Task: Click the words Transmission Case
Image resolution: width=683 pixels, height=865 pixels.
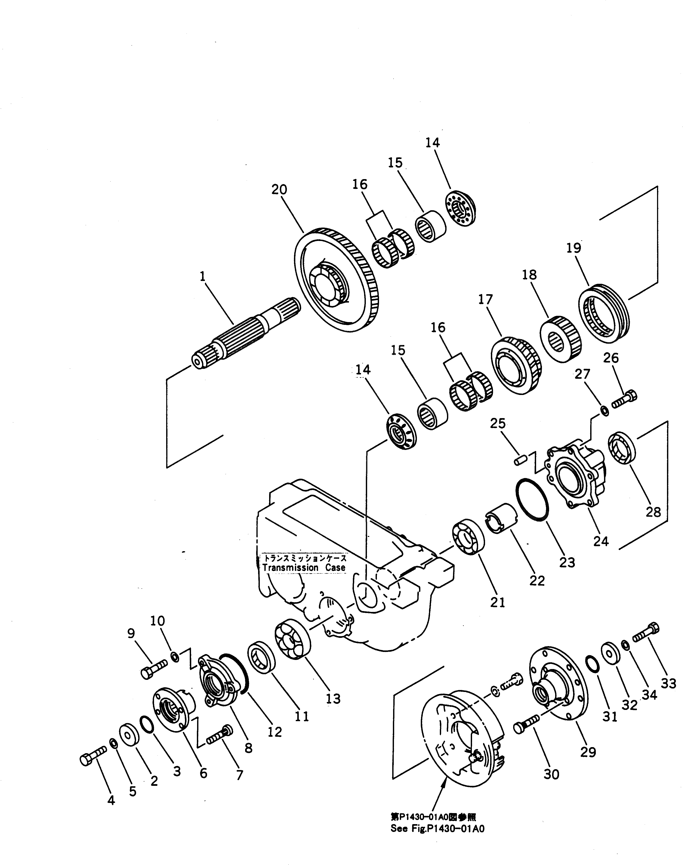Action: pyautogui.click(x=304, y=568)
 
